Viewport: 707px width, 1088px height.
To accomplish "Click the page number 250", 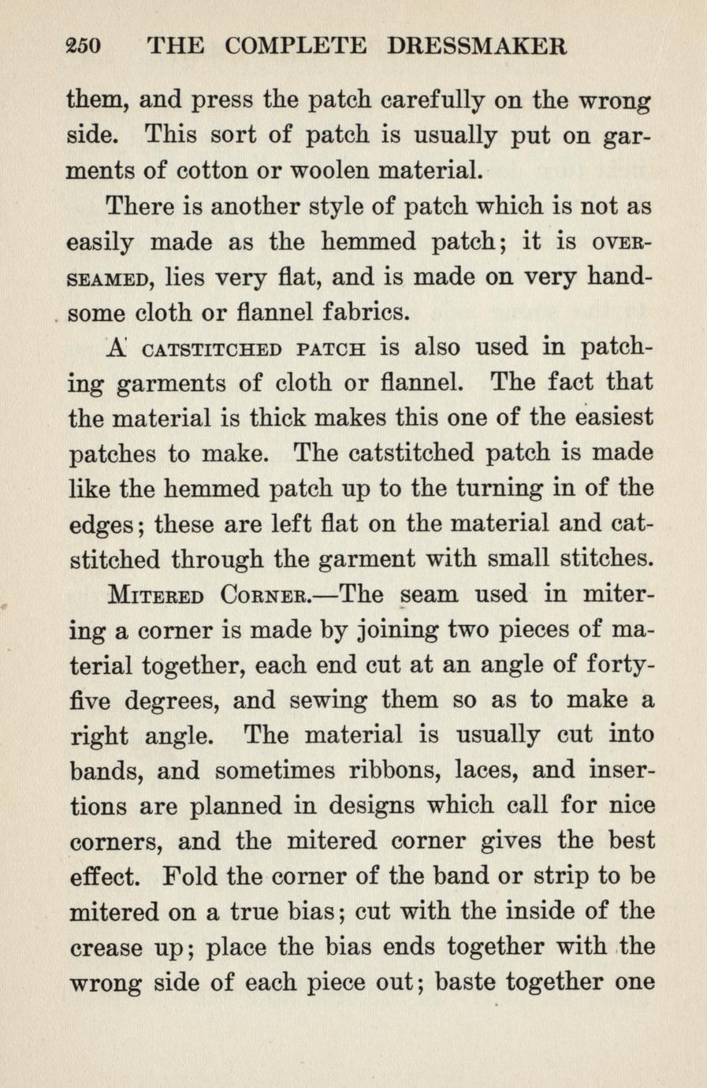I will coord(84,47).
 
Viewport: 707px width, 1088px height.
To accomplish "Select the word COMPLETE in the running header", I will coord(296,47).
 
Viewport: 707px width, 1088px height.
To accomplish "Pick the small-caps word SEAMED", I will coord(108,278).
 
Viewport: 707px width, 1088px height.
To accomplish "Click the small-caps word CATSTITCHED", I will coord(210,349).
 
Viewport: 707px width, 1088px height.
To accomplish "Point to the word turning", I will coord(472,489).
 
